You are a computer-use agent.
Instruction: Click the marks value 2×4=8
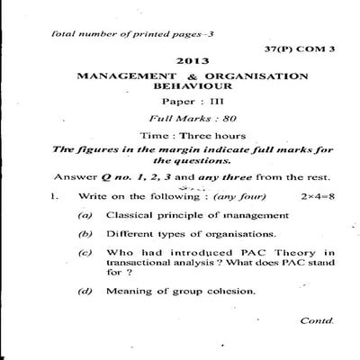[311, 193]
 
